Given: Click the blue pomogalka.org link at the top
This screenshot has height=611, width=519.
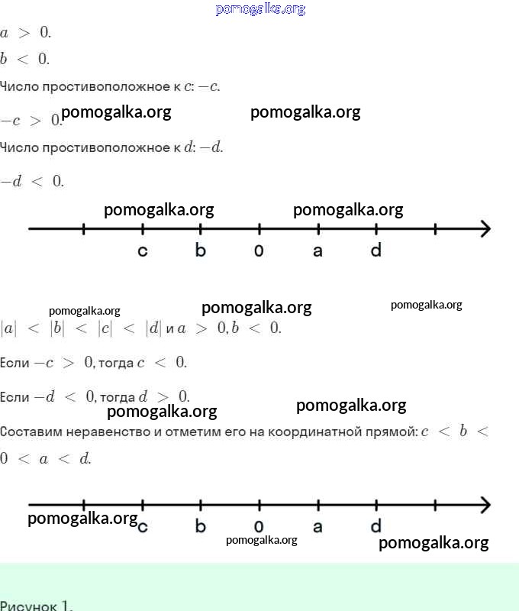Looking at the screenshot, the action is tap(260, 8).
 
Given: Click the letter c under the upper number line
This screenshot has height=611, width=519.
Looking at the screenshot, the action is tap(143, 251).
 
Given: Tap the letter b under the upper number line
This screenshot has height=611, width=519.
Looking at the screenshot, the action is tap(201, 250).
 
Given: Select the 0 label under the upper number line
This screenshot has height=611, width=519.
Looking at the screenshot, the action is tap(259, 251).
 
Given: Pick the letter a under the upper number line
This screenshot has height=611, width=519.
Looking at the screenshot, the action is tap(318, 251).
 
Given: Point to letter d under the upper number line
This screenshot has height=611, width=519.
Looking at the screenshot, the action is tap(376, 250).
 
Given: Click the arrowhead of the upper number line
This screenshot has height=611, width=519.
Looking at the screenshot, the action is tap(486, 228).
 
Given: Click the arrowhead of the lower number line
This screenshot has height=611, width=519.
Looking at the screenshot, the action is tap(486, 505).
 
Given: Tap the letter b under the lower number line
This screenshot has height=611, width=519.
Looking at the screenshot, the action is tap(201, 525).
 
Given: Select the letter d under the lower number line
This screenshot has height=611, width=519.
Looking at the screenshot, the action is tap(376, 525).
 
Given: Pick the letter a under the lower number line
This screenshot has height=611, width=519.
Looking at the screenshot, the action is tap(318, 527).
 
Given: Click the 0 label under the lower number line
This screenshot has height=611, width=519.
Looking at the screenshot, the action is tap(259, 526).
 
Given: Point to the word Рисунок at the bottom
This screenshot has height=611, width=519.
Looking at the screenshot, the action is tap(29, 606).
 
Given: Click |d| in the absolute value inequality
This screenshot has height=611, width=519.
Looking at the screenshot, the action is tap(153, 328).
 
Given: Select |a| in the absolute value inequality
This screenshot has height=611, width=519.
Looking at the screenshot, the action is tap(8, 328).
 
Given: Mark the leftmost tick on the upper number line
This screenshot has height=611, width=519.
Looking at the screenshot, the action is tap(84, 228).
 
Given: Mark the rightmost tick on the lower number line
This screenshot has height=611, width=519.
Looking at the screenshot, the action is tap(435, 505).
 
